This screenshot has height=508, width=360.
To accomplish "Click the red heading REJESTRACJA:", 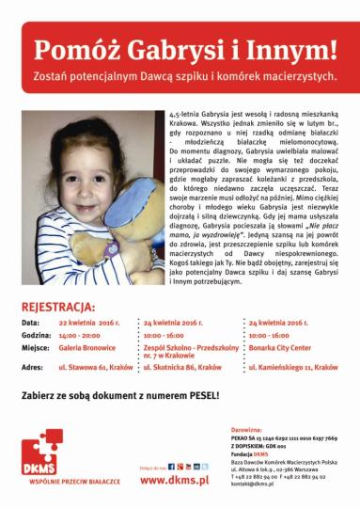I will click(57, 307).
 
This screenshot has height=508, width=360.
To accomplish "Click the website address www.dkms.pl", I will click(174, 480).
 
